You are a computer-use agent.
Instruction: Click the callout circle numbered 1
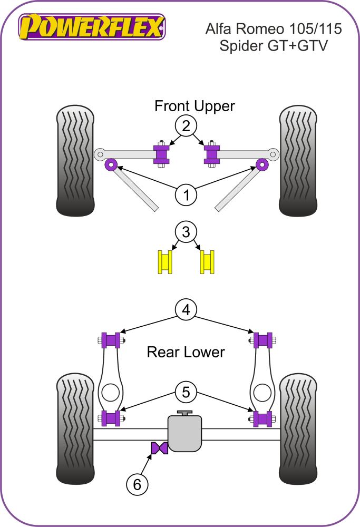[x=186, y=196]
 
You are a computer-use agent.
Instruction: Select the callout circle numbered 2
[x=186, y=126]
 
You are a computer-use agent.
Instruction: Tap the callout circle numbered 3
[x=186, y=232]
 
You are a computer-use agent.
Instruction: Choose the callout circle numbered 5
[x=186, y=393]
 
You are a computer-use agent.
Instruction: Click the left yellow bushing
[x=166, y=262]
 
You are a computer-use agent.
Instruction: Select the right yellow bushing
[x=208, y=262]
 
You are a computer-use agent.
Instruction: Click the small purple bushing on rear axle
[x=159, y=448]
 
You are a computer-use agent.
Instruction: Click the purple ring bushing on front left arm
[x=111, y=165]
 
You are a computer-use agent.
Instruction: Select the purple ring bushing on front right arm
[x=262, y=165]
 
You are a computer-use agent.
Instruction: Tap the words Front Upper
[x=194, y=106]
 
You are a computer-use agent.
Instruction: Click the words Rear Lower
[x=186, y=352]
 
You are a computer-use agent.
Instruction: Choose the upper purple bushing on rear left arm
[x=111, y=340]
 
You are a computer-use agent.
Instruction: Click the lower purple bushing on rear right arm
[x=262, y=418]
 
